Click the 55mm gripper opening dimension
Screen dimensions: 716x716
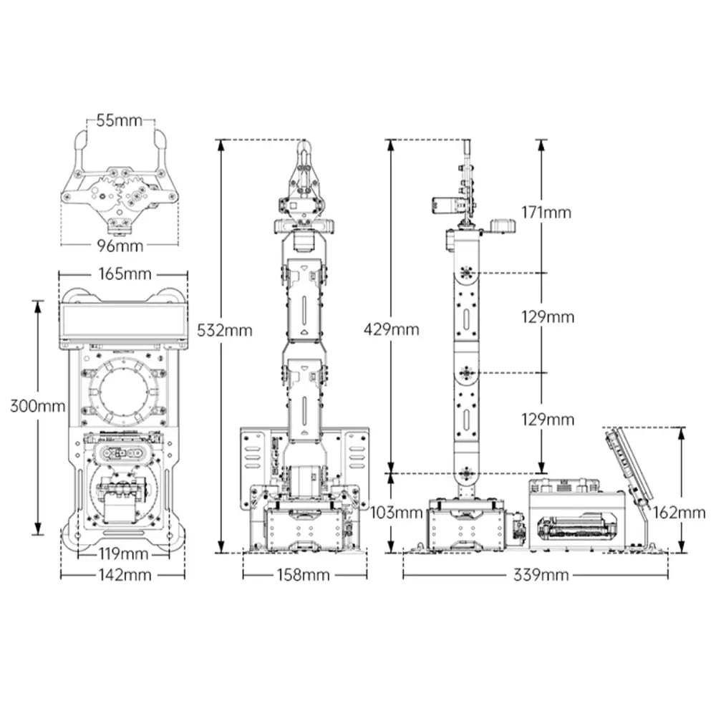coord(119,120)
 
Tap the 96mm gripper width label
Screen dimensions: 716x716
coord(120,246)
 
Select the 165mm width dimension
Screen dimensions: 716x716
coord(125,274)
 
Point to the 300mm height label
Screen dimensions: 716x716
coord(37,406)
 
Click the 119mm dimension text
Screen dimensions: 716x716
coord(123,554)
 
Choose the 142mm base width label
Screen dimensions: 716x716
coord(125,574)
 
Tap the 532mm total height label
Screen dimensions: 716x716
coord(225,330)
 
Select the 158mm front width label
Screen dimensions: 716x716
coord(303,574)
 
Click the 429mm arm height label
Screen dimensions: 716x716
coord(392,329)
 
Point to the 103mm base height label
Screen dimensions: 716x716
coord(397,513)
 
